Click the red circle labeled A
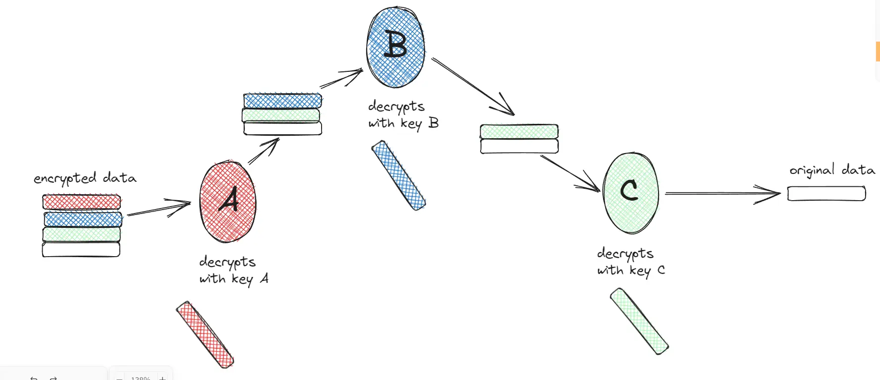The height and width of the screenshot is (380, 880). tap(228, 202)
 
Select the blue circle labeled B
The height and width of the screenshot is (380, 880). tap(395, 47)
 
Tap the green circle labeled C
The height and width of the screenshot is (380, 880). tap(631, 193)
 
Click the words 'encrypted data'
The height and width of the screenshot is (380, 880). tap(85, 178)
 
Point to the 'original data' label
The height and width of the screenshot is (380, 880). tap(832, 170)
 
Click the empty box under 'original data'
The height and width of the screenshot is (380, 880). tap(826, 193)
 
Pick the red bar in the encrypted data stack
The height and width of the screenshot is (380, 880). tap(82, 202)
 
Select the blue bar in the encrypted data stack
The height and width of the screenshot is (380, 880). tap(83, 219)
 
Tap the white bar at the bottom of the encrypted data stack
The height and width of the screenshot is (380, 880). tap(81, 249)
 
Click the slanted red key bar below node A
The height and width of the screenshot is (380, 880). tap(205, 334)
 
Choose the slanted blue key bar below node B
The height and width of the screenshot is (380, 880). tap(399, 175)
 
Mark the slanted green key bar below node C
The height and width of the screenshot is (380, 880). tap(639, 321)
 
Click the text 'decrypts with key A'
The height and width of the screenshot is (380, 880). tap(233, 270)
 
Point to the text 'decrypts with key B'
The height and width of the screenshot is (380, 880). tap(403, 115)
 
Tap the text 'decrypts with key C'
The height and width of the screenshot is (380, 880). tap(630, 262)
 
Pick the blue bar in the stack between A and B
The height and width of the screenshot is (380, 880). tap(282, 101)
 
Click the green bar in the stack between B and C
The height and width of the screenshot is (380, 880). tap(519, 132)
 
